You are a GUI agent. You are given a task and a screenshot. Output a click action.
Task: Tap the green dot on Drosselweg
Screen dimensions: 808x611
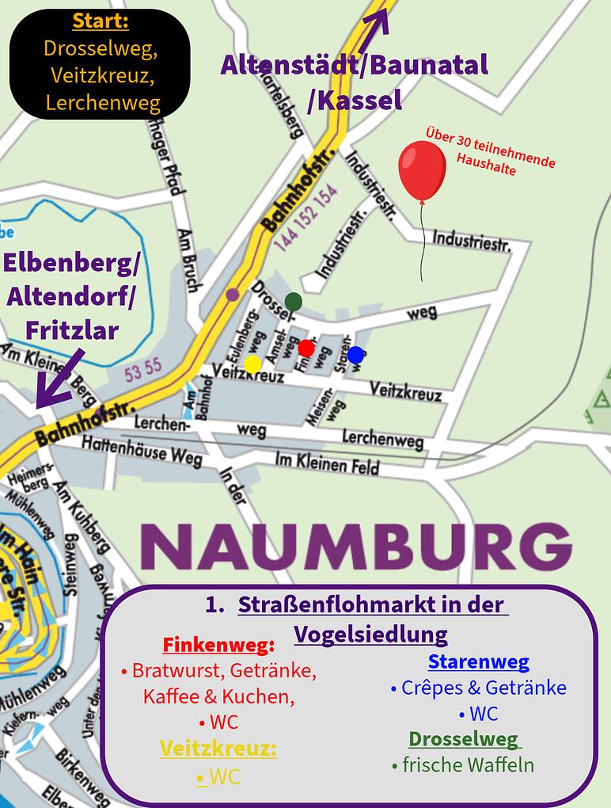tap(294, 301)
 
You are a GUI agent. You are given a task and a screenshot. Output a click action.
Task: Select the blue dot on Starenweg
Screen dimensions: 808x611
tap(355, 355)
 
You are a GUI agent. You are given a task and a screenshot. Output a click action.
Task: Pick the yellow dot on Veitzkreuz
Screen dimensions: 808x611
tap(252, 364)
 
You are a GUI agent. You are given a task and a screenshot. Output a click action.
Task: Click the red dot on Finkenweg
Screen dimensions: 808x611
tap(306, 348)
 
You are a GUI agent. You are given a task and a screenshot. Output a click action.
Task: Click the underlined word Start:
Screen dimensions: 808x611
tap(101, 21)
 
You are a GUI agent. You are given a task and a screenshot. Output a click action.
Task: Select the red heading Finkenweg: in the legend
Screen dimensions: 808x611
tap(218, 643)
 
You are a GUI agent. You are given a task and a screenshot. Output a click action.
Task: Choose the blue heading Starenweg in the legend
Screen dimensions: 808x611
tap(478, 661)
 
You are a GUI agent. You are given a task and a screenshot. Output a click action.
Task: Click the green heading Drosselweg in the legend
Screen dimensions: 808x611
tap(463, 739)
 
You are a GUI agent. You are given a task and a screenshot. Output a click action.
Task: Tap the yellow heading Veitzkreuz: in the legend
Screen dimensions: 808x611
tap(218, 749)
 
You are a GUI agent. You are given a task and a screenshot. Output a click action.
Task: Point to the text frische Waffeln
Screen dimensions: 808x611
tap(463, 765)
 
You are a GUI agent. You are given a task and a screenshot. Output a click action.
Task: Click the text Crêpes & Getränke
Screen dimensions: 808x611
tap(478, 688)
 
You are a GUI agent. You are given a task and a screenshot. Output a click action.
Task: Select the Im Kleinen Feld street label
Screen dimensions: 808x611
tap(326, 463)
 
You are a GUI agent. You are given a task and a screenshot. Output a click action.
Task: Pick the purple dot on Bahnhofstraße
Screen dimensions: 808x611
tap(232, 295)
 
